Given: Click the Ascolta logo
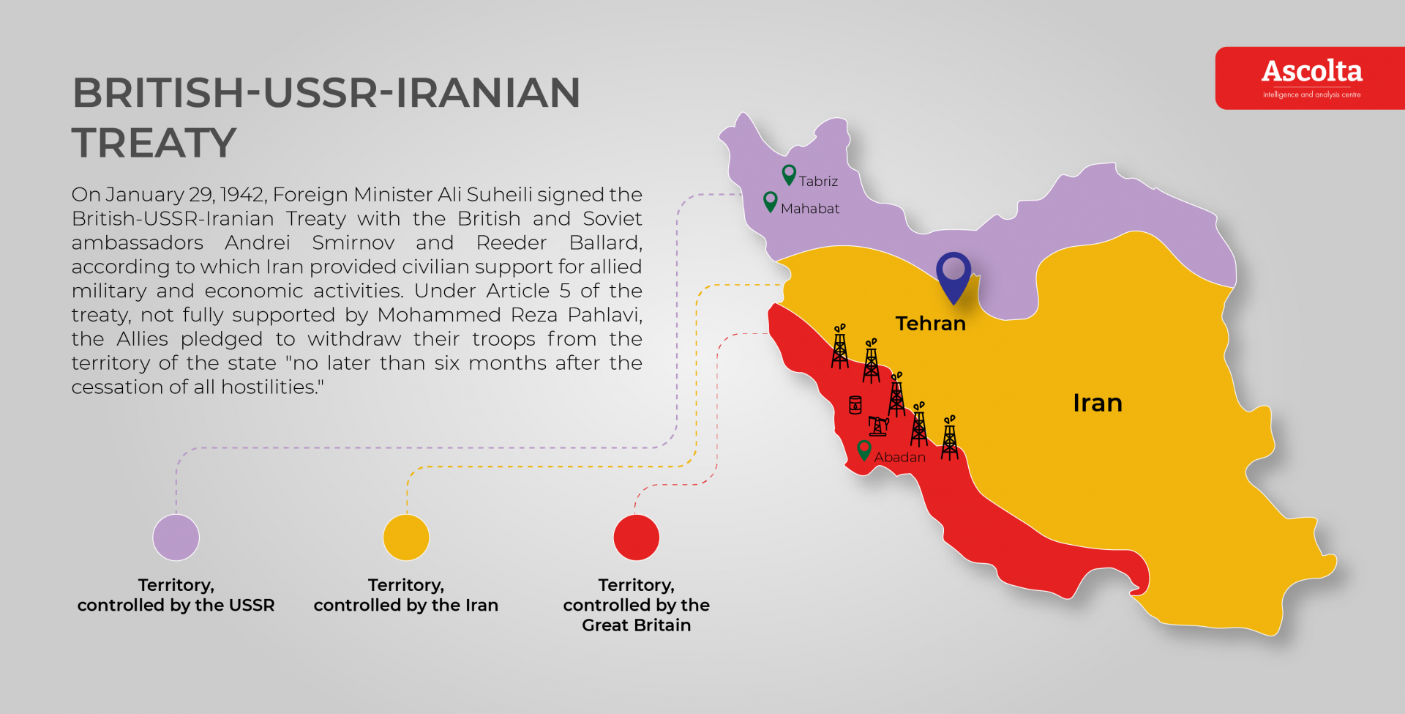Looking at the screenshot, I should pos(1311,78).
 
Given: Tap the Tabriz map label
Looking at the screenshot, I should pos(818,182).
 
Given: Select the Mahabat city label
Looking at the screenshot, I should pos(810,209).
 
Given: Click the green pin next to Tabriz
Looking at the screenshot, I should pos(789,174).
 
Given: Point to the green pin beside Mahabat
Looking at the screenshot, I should pos(770,201).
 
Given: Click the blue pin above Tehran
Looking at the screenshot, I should pos(953,275).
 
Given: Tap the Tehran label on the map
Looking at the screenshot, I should pos(930,324).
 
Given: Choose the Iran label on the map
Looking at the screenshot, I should pos(1097,403).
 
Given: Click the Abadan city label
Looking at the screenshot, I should pos(899,457).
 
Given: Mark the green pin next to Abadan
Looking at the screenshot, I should pos(864,450).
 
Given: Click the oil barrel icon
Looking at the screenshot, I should pos(855,405).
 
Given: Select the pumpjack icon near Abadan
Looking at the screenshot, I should pos(878,425).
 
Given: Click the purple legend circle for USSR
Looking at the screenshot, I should pos(176,538).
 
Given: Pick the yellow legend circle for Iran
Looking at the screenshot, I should pos(406,538).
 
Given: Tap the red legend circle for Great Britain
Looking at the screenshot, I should pos(637,538).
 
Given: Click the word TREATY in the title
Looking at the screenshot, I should pos(154,143).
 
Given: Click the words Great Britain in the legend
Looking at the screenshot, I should pos(636,625).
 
